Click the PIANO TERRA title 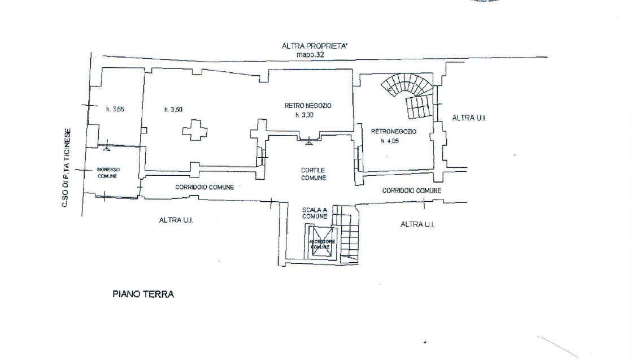(x=143, y=294)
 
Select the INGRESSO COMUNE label (x=107, y=172)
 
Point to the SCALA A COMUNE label (x=315, y=212)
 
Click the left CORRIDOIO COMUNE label (x=204, y=187)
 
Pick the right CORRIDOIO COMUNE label (x=411, y=191)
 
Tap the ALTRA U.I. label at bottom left (x=176, y=220)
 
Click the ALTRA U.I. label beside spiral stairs (x=469, y=118)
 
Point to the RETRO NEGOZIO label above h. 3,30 (x=307, y=106)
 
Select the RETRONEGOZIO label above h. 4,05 (x=393, y=131)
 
